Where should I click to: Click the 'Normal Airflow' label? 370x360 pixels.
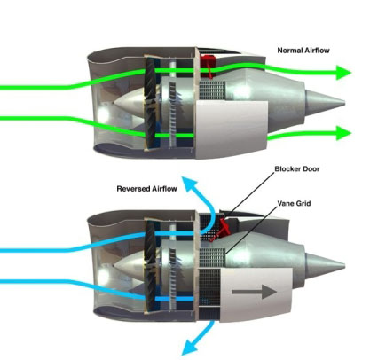(303, 51)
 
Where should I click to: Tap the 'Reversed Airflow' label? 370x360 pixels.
(146, 189)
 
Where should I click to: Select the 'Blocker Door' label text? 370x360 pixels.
(297, 168)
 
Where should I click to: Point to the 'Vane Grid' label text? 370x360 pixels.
(294, 203)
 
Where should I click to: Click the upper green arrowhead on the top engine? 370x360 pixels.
(343, 73)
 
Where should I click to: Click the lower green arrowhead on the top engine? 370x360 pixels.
(343, 133)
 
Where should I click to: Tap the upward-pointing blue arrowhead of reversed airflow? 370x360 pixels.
(188, 184)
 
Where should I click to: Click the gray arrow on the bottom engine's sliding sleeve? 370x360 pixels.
(254, 292)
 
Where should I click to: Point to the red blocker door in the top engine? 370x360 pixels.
(208, 65)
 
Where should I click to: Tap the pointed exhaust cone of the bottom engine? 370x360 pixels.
(325, 263)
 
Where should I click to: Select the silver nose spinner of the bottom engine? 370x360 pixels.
(130, 265)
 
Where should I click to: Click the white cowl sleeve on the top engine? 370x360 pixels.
(232, 129)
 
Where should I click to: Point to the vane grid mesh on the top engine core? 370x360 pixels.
(212, 90)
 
